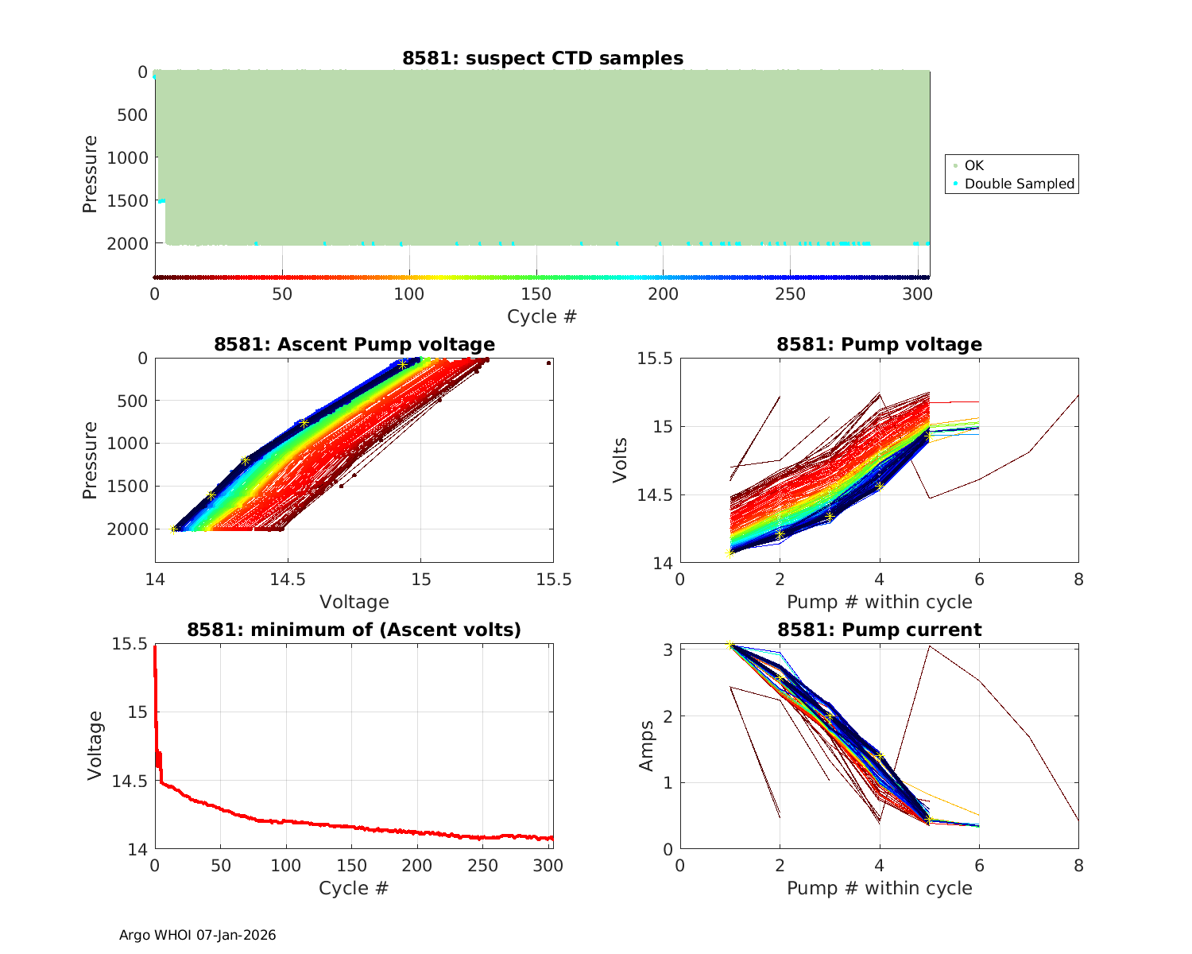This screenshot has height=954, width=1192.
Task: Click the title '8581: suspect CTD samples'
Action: [x=542, y=58]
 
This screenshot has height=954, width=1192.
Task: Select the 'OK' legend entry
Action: [x=973, y=165]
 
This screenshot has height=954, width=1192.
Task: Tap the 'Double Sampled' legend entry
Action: [x=1019, y=184]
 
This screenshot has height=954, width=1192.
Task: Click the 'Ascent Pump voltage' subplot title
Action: [x=354, y=344]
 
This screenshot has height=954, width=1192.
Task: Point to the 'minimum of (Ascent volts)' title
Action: [x=354, y=630]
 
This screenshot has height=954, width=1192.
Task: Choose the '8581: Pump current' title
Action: [x=879, y=630]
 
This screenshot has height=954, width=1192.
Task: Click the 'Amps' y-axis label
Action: [x=647, y=746]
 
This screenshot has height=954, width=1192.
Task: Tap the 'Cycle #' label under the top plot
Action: [x=542, y=316]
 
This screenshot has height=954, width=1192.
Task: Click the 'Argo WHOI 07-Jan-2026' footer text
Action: [x=197, y=935]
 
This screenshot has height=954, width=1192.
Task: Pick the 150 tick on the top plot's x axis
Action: [x=536, y=294]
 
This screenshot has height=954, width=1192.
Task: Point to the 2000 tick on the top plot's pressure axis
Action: [x=126, y=243]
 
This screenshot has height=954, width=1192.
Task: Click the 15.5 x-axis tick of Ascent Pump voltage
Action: [x=553, y=580]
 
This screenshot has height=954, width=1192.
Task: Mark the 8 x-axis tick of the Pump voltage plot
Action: [x=1078, y=580]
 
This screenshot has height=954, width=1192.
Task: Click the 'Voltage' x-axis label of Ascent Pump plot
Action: [x=354, y=602]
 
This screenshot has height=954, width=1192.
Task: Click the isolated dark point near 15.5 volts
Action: [x=548, y=363]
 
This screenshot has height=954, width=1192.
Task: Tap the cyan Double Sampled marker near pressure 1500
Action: [x=161, y=200]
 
